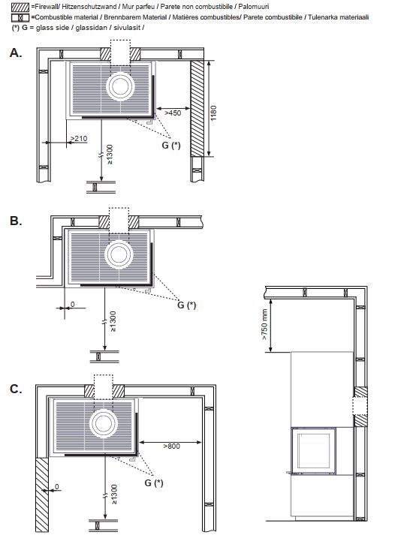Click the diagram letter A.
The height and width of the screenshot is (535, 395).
click(16, 53)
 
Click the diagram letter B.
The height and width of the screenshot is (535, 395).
click(16, 221)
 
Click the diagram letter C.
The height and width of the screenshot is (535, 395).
click(16, 389)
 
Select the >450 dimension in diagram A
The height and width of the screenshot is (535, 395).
click(173, 113)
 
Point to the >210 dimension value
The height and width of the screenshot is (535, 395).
click(79, 139)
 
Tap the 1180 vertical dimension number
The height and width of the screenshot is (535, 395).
click(213, 113)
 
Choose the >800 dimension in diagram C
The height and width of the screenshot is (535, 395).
click(171, 446)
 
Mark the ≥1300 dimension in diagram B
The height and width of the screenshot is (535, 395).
click(113, 321)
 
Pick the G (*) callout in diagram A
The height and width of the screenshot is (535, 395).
click(171, 146)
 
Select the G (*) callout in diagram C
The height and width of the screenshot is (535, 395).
click(154, 482)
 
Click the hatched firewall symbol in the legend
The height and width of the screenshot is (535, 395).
click(20, 8)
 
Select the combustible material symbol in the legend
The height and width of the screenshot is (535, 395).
click(20, 18)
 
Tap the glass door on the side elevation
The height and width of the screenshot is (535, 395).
click(314, 451)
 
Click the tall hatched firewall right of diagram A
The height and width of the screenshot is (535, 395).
click(197, 109)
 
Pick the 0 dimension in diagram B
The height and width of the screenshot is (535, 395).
click(72, 305)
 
